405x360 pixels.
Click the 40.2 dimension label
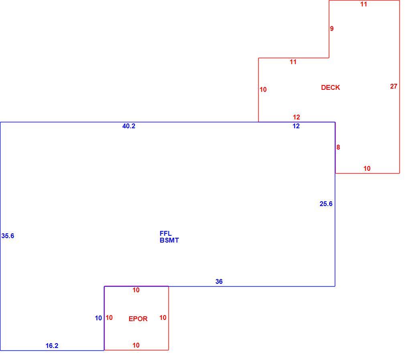[x=129, y=126]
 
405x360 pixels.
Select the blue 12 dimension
[x=296, y=126]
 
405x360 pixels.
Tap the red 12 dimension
[x=296, y=117]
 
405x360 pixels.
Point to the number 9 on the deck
[x=332, y=29]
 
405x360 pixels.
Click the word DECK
[x=330, y=87]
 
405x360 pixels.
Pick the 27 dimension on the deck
[x=393, y=87]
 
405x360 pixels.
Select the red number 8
[x=338, y=147]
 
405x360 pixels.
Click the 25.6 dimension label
[x=326, y=204]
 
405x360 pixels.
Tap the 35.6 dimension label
[x=8, y=236]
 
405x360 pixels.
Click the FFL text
[x=166, y=233]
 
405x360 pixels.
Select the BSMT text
[x=169, y=240]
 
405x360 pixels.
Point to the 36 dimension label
[x=219, y=281]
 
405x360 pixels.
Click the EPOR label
[x=138, y=319]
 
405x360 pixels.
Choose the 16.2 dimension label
[x=52, y=346]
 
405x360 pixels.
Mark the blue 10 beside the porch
[x=98, y=318]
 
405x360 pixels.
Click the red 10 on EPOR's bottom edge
[x=136, y=345]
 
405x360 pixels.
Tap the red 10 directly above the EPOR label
[x=136, y=290]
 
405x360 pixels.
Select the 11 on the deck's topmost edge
[x=363, y=4]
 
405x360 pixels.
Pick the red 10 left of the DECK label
[x=263, y=90]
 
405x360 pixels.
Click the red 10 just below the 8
[x=367, y=169]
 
